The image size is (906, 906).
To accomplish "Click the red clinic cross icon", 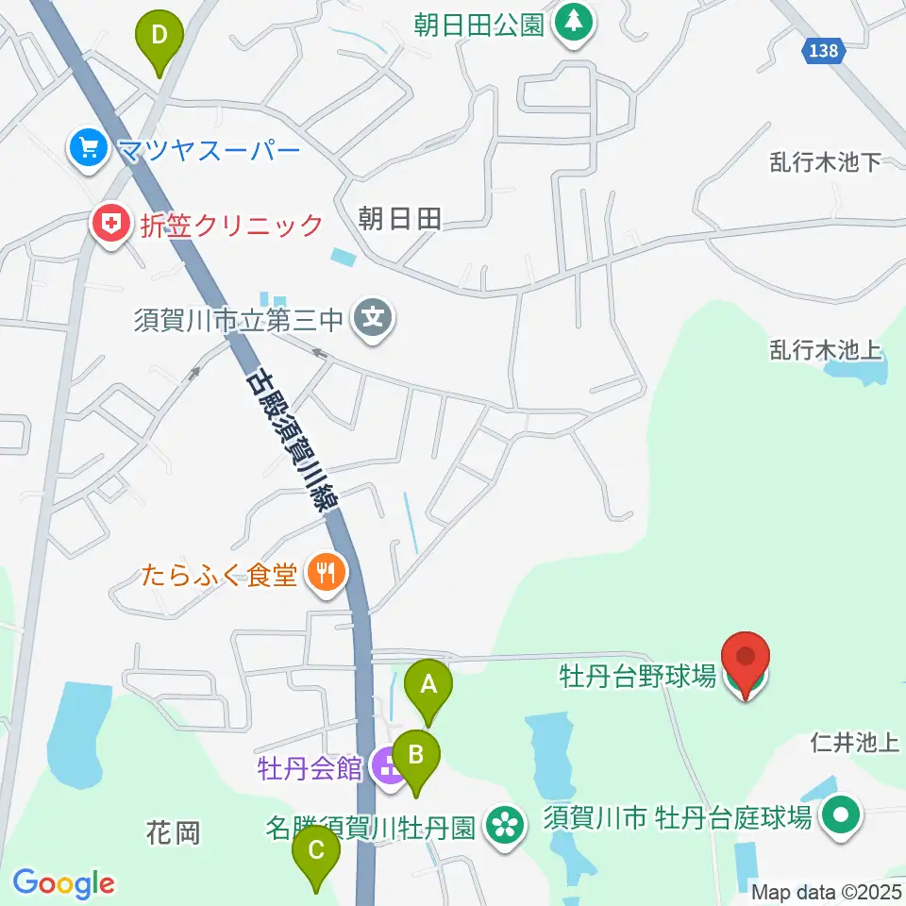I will [110, 225].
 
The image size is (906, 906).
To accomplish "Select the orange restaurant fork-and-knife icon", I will [326, 572].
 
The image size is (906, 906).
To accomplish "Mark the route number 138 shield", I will [823, 51].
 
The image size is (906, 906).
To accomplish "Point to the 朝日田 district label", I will [400, 220].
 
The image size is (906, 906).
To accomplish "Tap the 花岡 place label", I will [173, 833].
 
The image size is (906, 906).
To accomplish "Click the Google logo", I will [63, 883].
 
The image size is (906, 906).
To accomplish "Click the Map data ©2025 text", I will [827, 891].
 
